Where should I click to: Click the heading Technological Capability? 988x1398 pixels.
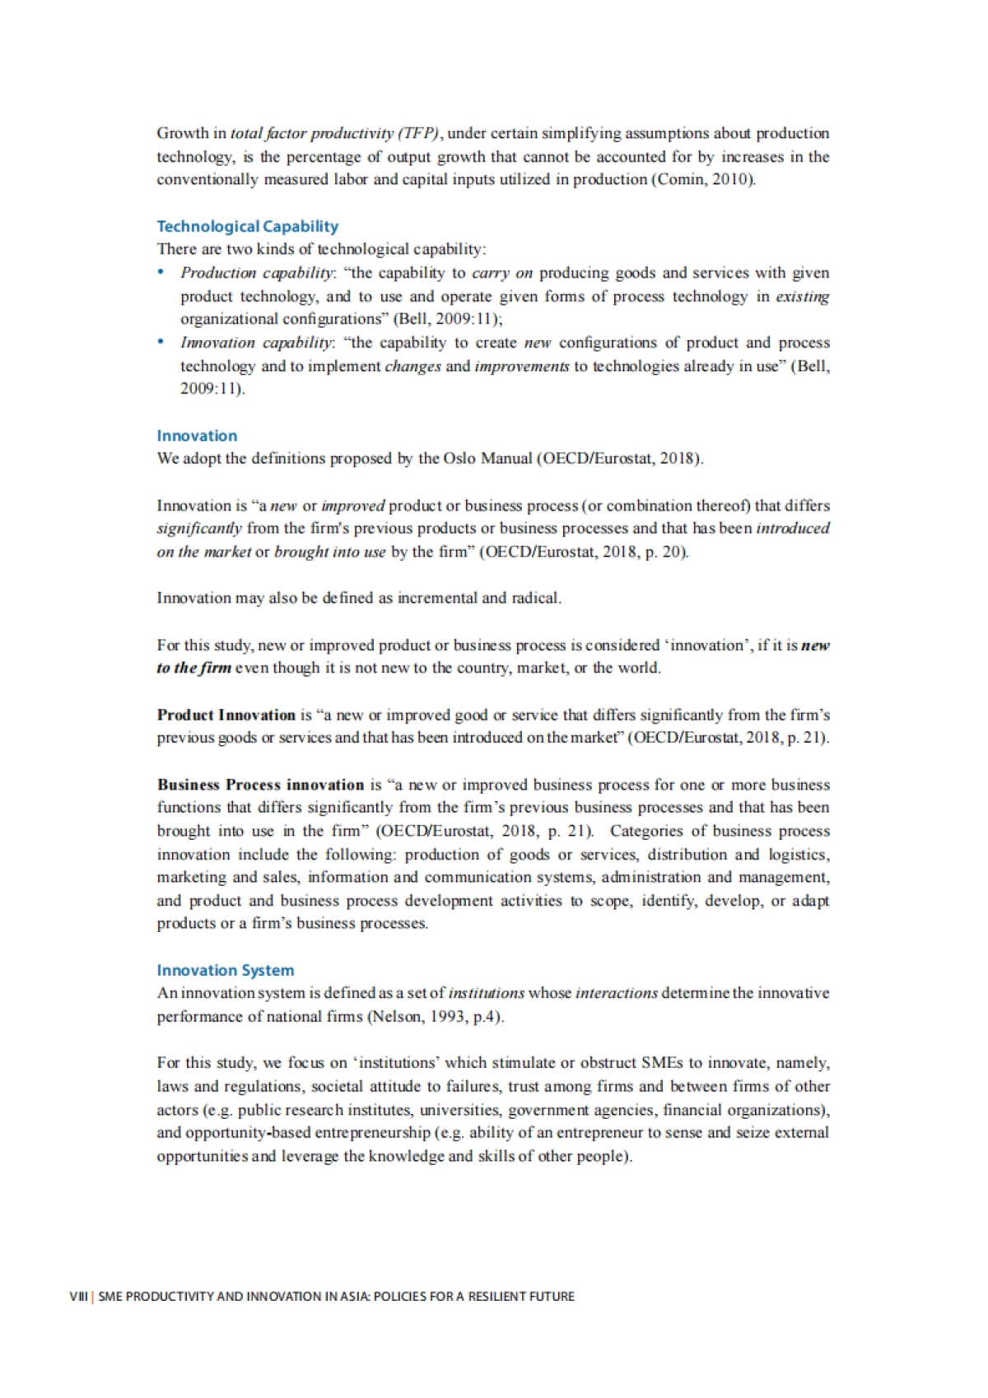[x=247, y=226]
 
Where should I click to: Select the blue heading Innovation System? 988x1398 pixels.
[x=225, y=970]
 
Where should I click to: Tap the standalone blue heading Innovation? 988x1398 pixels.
[x=197, y=436]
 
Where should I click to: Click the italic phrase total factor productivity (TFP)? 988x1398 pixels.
[x=336, y=133]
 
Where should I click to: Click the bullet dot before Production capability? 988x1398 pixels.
[x=161, y=273]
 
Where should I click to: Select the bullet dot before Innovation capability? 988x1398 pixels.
[x=161, y=343]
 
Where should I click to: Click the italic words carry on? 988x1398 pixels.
[x=502, y=273]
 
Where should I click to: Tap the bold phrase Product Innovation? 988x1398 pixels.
[x=226, y=715]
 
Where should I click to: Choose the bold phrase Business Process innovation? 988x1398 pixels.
[x=260, y=785]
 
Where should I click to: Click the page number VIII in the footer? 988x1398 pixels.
[x=78, y=1296]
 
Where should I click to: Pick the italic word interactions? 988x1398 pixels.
[x=617, y=993]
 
